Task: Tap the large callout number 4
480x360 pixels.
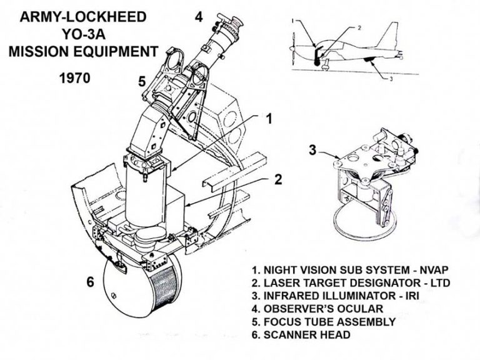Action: [199, 16]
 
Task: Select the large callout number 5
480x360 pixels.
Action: [142, 79]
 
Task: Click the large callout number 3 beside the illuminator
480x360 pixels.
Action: [313, 150]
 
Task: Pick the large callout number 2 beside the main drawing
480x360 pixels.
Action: [278, 180]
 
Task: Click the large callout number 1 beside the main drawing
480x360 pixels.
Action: [269, 119]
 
